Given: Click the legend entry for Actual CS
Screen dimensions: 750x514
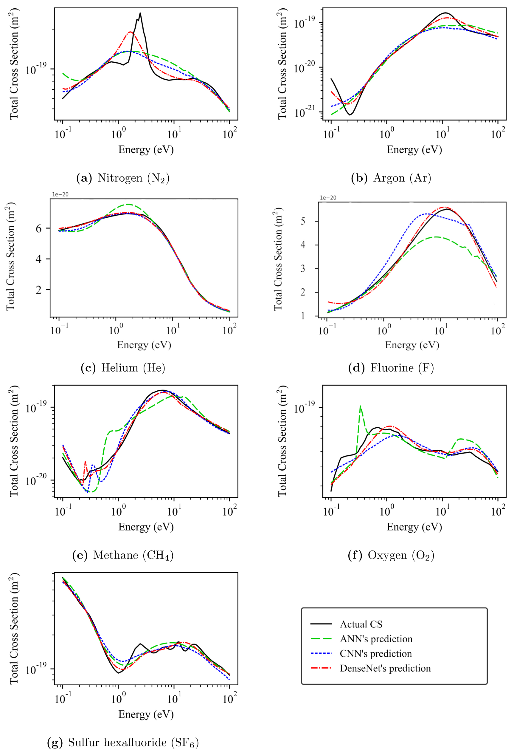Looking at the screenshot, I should coord(361,624).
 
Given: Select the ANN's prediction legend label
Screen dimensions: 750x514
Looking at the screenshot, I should coord(376,639).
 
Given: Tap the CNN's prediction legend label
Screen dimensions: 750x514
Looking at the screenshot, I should coord(376,653).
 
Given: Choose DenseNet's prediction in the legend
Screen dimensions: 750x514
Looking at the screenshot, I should coord(385,668).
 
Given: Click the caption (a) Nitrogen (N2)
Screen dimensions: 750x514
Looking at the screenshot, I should coord(122,178).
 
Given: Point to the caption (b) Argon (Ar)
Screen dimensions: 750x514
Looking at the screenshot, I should coord(391,178).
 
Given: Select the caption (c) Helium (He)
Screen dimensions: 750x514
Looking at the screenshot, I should coord(123,368).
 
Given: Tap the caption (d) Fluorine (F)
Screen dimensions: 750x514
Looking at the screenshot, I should coord(391,368).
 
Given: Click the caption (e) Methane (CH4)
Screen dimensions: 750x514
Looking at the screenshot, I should coord(123,555).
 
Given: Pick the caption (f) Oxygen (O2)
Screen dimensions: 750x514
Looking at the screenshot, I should coord(391,555).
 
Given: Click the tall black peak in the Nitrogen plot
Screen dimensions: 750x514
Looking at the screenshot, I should coord(140,13).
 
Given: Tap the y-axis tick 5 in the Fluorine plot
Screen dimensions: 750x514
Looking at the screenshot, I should coord(303,221).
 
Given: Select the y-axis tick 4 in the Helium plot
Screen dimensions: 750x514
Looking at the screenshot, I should coord(39,259).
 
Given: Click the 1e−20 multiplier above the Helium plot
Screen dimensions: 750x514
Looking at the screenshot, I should coord(60,195).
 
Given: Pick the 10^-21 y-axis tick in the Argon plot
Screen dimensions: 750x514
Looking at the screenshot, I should coord(305,113).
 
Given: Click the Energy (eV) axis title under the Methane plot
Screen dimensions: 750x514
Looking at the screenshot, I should coord(146,527).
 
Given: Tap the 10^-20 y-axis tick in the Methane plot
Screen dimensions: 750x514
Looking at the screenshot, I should coord(36,480).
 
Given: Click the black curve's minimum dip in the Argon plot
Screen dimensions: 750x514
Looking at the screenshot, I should coord(350,115).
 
